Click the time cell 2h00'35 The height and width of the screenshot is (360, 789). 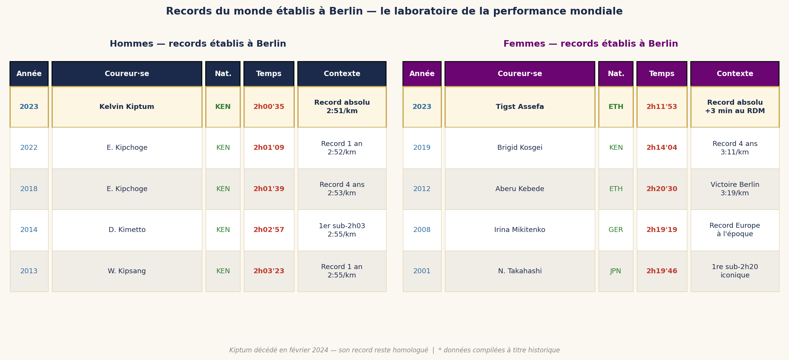(x=269, y=107)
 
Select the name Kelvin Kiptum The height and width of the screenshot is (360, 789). (x=127, y=107)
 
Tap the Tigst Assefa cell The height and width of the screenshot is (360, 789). (x=520, y=107)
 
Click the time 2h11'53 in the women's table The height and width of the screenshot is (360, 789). (x=661, y=107)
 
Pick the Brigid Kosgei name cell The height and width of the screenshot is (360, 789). (x=520, y=148)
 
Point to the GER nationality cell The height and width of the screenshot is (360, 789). (x=615, y=230)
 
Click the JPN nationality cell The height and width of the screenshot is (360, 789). (x=615, y=271)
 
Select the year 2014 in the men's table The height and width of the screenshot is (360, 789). (x=29, y=230)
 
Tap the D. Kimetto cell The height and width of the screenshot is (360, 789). (x=127, y=230)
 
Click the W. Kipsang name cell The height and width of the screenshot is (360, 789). (x=127, y=271)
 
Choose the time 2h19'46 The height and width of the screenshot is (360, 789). (x=661, y=271)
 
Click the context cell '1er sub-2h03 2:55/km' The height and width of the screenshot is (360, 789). (x=342, y=230)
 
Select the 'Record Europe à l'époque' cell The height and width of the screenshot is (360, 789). (x=734, y=230)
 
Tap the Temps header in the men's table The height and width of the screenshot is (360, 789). (x=269, y=74)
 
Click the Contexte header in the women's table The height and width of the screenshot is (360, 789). (x=734, y=74)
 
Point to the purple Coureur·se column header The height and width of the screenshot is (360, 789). (x=520, y=74)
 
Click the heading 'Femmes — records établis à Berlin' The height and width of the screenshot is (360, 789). (x=590, y=44)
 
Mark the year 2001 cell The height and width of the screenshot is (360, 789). (x=422, y=271)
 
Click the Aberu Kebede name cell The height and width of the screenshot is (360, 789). (x=520, y=189)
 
